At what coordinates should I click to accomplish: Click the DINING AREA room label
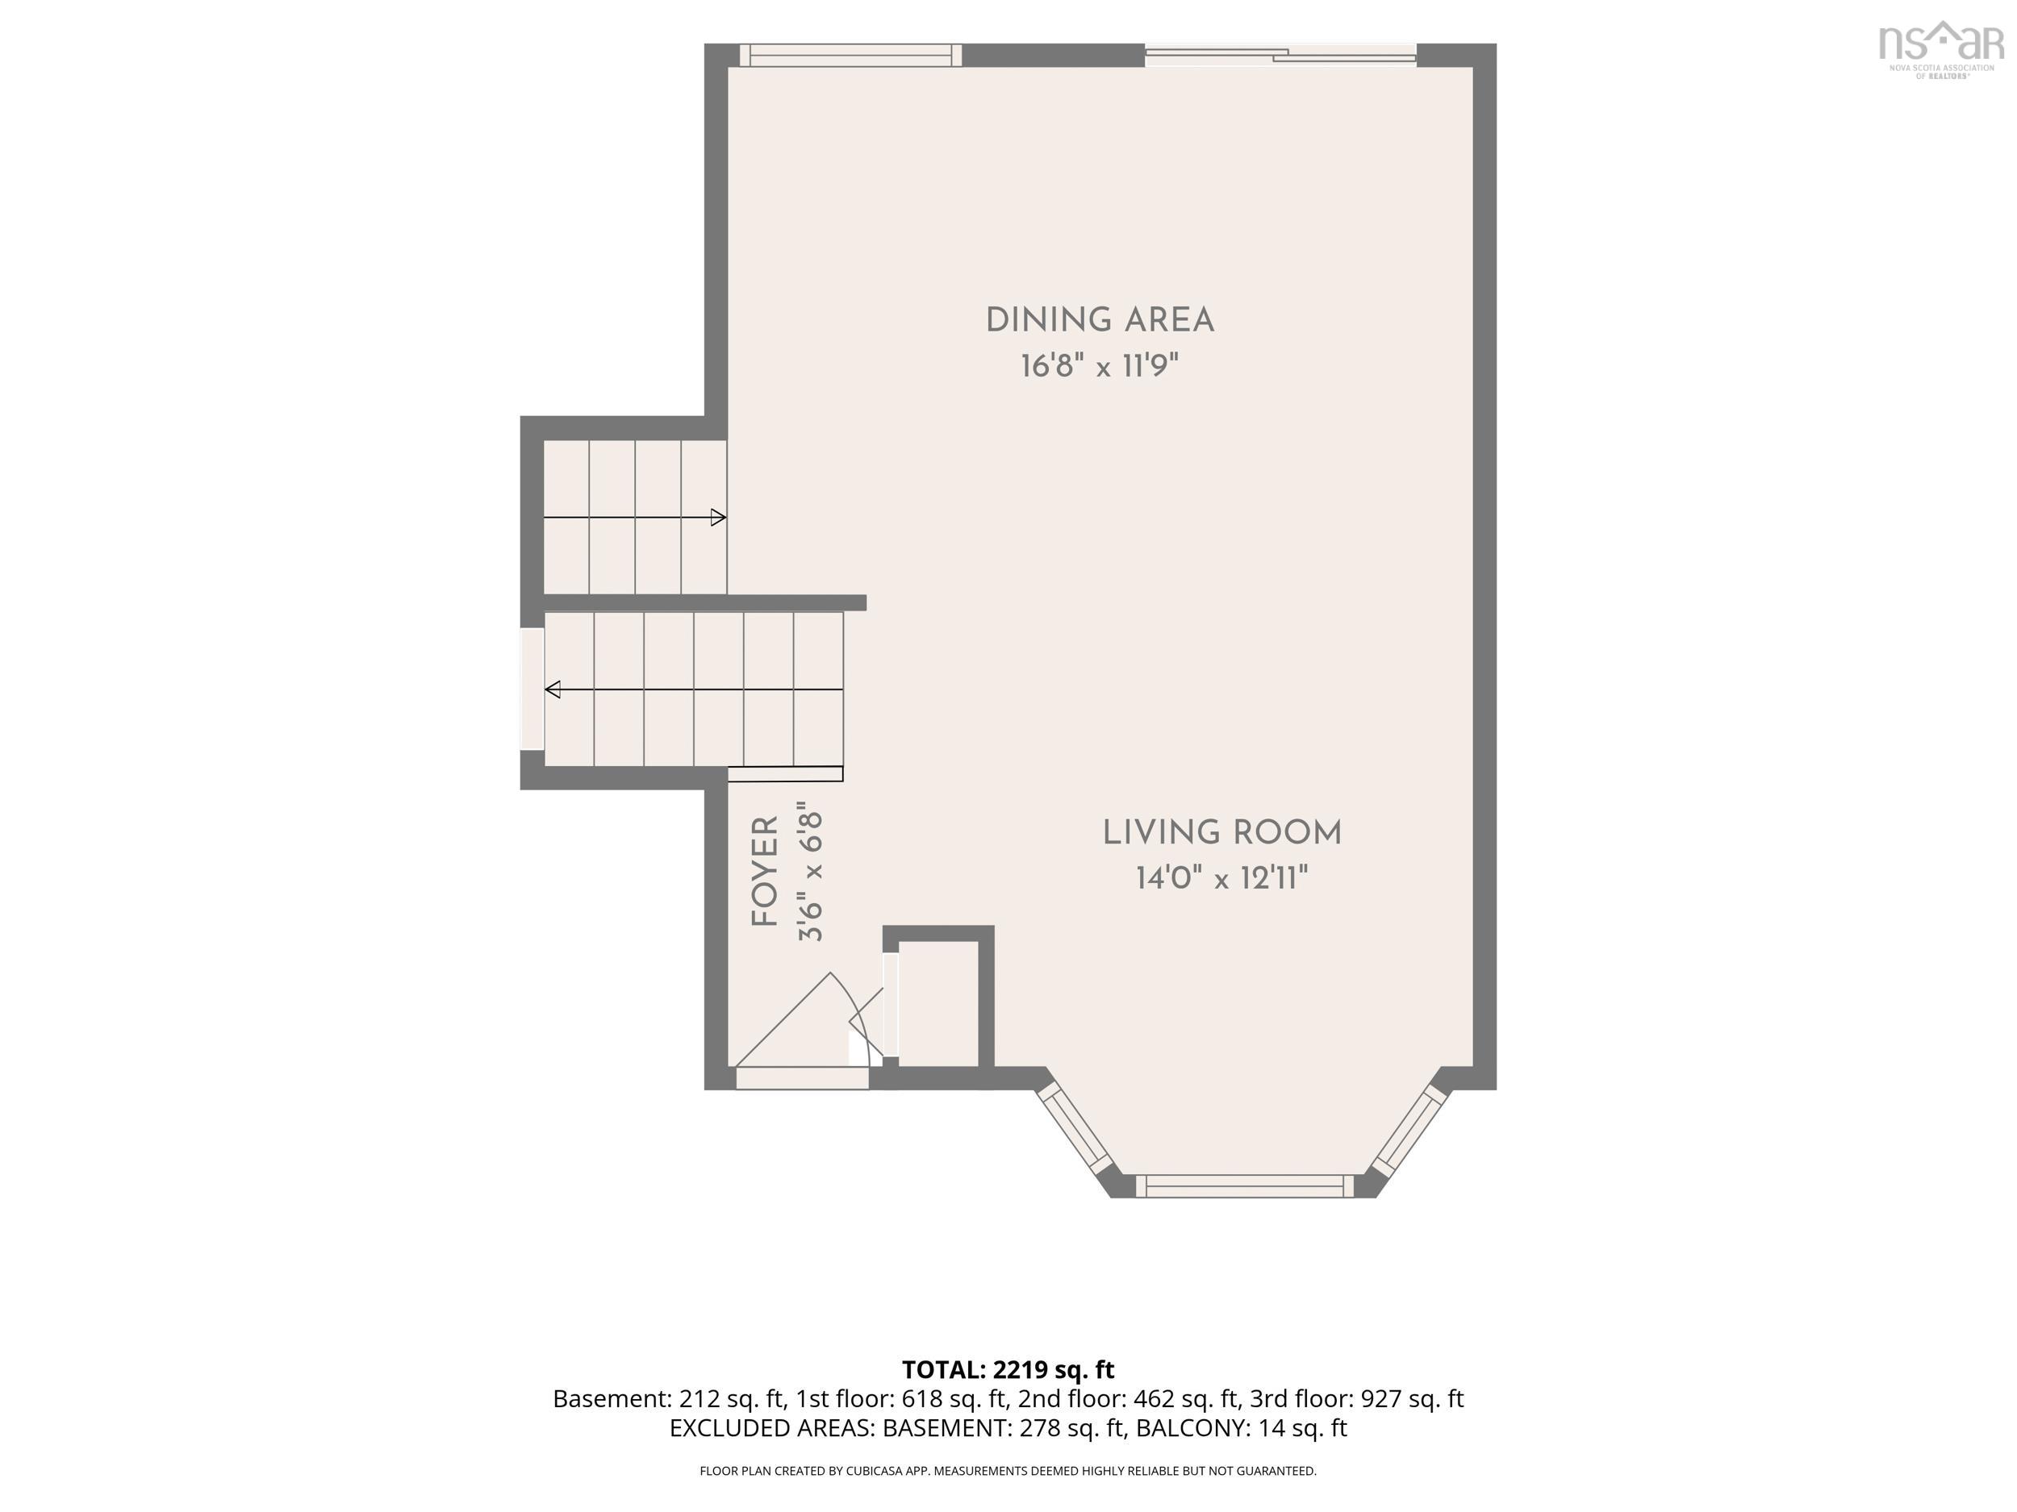point(1100,321)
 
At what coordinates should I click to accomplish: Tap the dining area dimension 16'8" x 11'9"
point(1100,366)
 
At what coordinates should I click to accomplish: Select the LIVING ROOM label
point(1221,833)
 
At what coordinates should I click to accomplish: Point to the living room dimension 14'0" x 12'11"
point(1221,879)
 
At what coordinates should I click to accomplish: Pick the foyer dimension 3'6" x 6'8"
point(811,871)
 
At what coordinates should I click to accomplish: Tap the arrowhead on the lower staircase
point(553,690)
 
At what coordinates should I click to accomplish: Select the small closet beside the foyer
point(938,1003)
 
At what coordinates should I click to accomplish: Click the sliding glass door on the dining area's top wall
point(1280,56)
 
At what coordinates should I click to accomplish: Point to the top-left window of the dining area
point(850,56)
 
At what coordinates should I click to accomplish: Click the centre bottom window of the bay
point(1245,1185)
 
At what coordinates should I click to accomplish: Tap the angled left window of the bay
point(1076,1127)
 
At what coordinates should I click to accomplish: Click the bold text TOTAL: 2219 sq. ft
point(1008,1370)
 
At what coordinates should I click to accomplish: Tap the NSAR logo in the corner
point(1940,49)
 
